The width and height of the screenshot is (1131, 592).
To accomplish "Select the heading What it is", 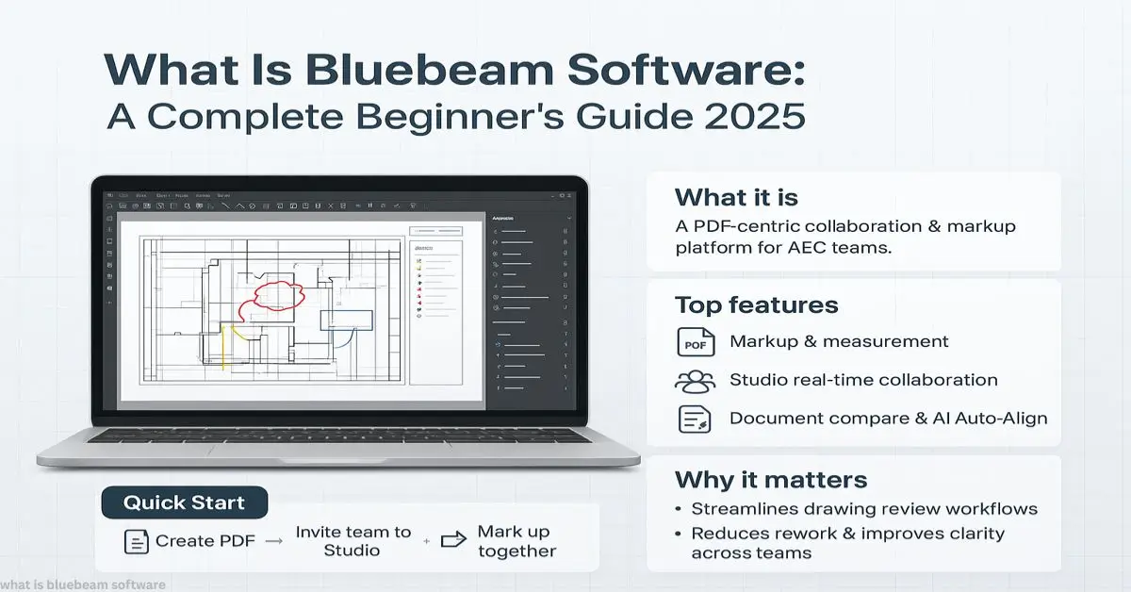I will [736, 197].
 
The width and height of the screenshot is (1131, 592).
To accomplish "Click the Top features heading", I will [756, 304].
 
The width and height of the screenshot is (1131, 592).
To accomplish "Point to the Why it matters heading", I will [770, 479].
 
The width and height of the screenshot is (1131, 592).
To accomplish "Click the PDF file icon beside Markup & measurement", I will [696, 342].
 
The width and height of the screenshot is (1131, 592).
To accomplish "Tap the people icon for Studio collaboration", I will [696, 381].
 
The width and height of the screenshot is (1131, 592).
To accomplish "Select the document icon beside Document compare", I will [696, 419].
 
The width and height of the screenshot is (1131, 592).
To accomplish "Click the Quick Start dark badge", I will [184, 502].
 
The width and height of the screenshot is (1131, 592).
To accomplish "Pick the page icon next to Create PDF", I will [136, 541].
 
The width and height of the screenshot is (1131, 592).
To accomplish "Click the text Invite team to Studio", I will [353, 540].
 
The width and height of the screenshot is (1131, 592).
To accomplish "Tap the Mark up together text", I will [516, 541].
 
